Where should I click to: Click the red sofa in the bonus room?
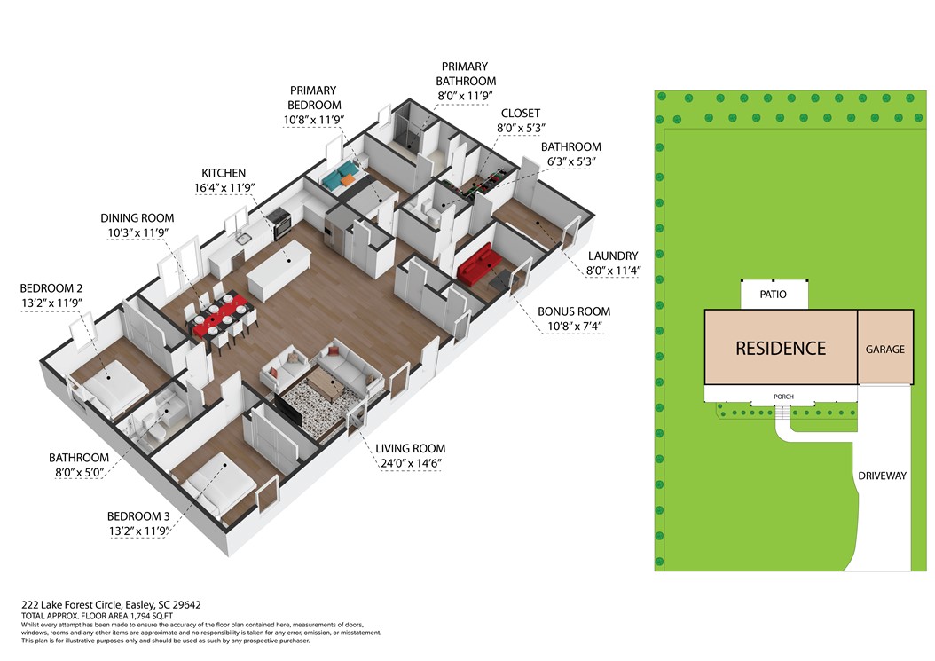pos(477,264)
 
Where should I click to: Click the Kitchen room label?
pos(224,173)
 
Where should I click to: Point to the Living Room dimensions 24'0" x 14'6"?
pos(411,463)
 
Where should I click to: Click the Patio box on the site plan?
pos(774,294)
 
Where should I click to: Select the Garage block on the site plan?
pos(885,347)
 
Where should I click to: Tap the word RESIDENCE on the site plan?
pos(781,349)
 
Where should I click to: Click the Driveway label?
pos(882,476)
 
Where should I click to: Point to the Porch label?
pos(783,397)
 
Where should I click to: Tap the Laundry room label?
pos(613,256)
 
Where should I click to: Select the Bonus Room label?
pos(574,311)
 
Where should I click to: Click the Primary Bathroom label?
pos(465,74)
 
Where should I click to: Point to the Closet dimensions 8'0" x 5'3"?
pos(521,128)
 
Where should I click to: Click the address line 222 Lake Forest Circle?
pos(112,604)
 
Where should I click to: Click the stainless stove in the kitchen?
pos(280,224)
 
